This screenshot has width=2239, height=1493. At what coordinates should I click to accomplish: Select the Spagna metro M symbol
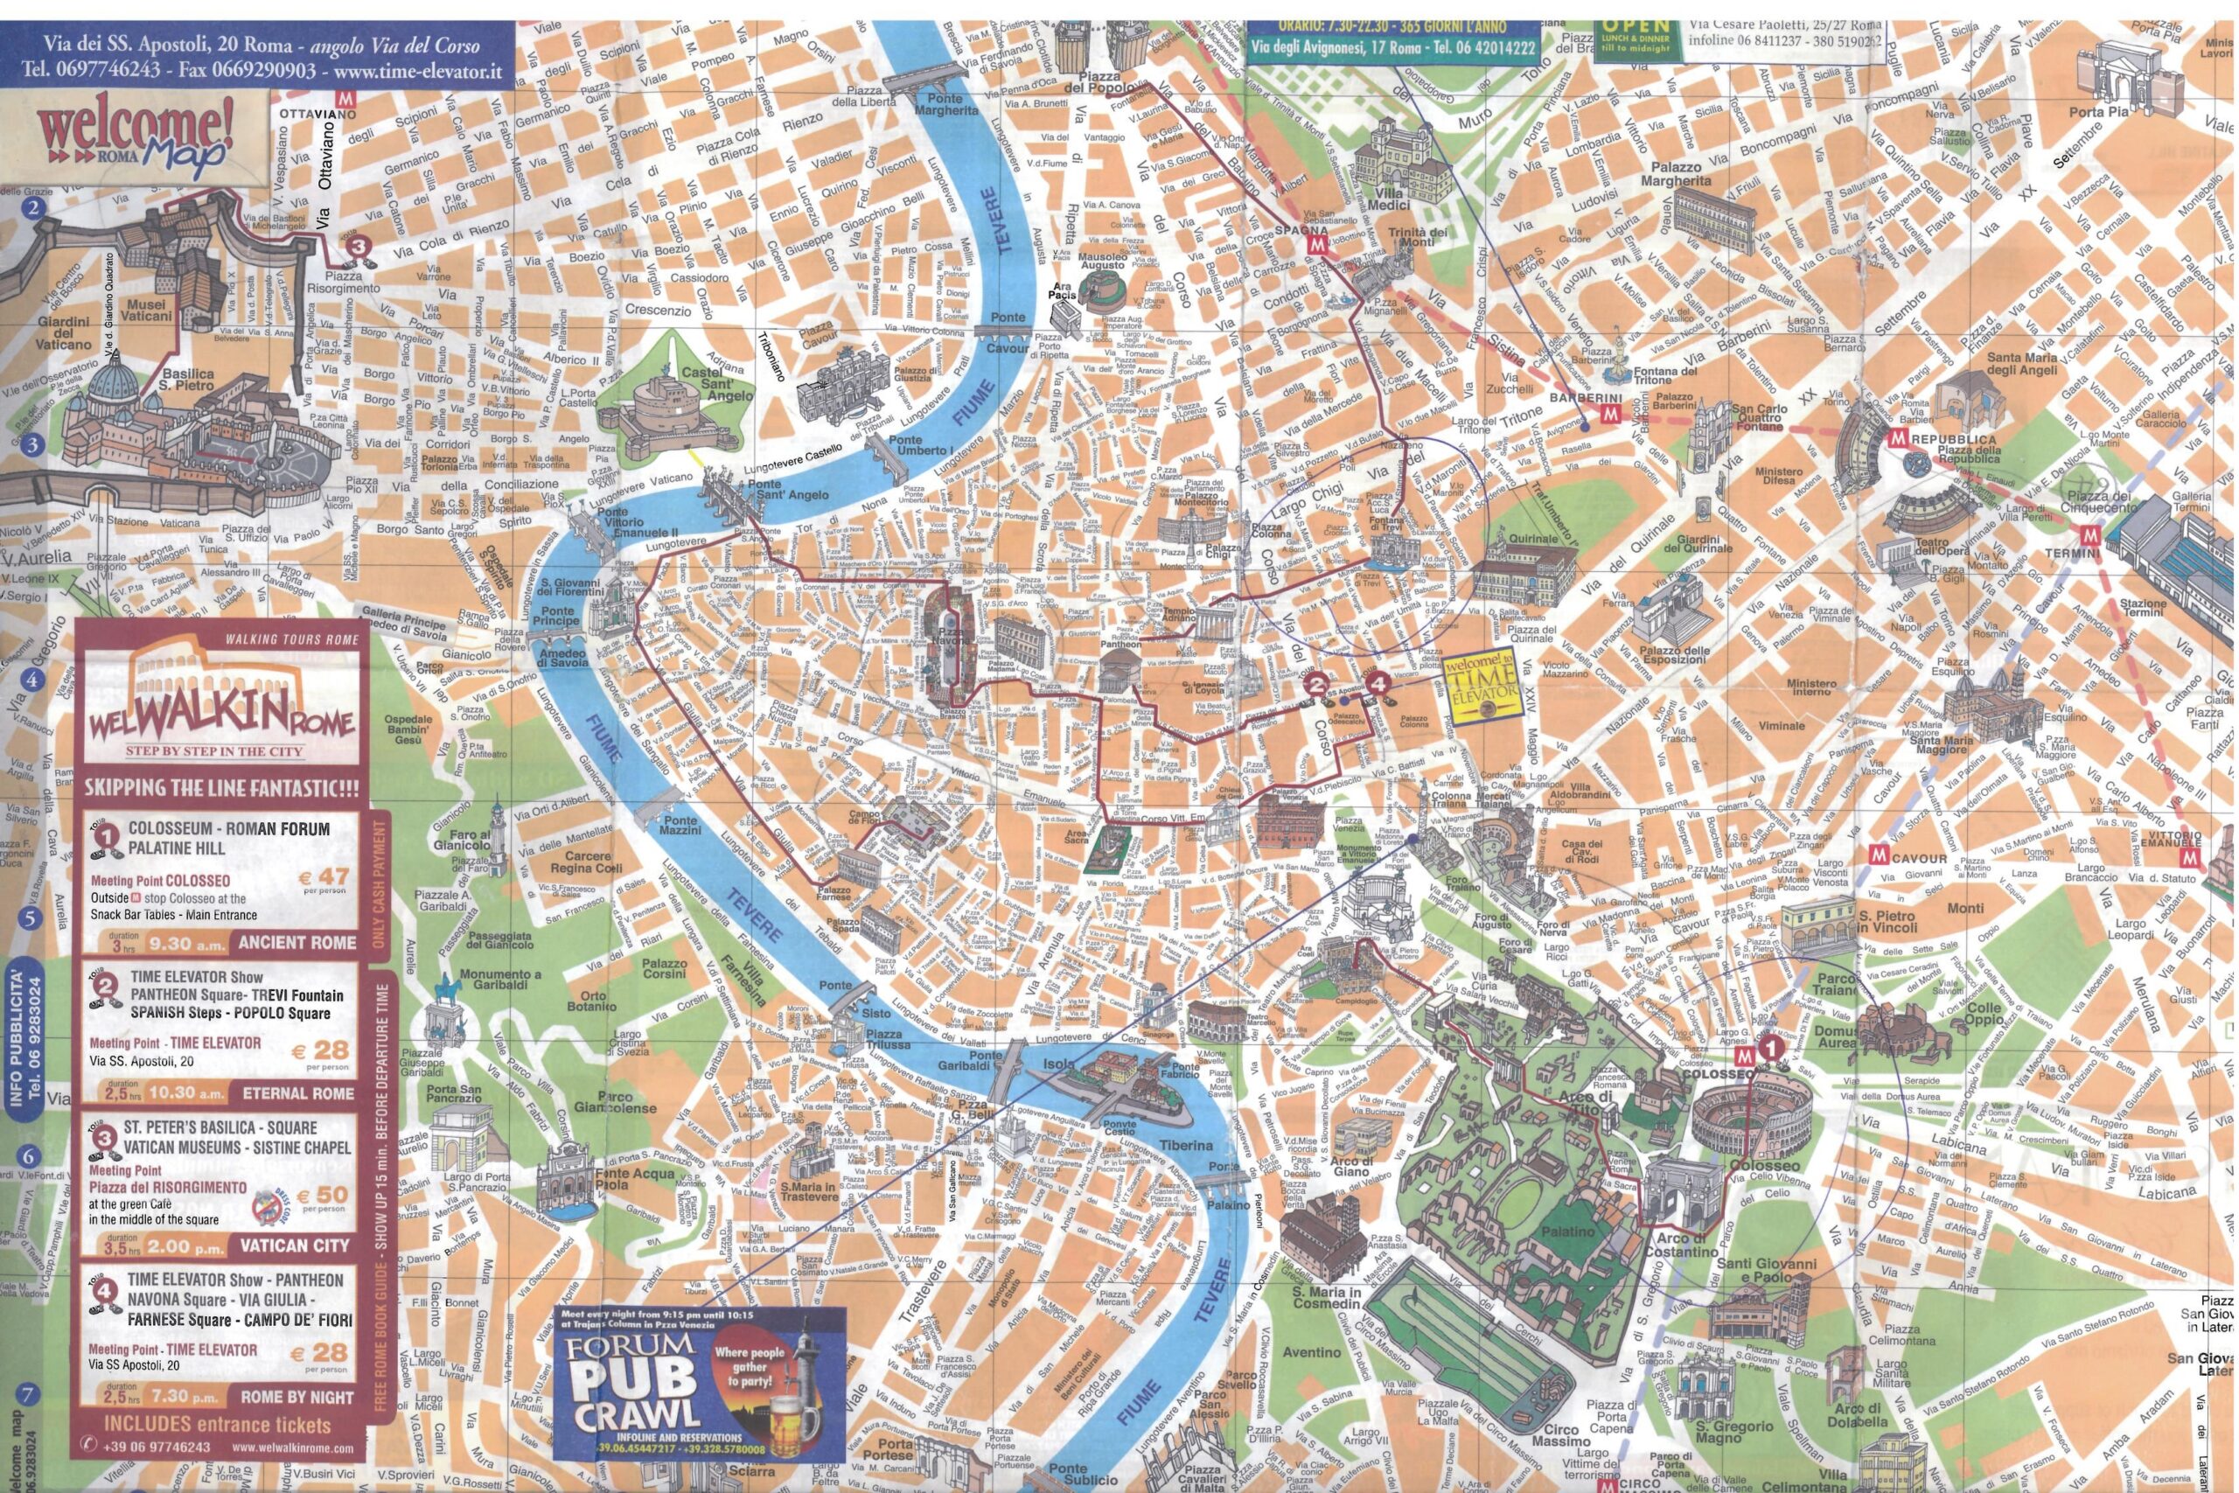click(1317, 244)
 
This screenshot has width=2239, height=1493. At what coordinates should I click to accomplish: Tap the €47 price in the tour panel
click(323, 876)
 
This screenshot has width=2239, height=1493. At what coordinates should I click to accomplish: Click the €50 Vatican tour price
click(324, 1195)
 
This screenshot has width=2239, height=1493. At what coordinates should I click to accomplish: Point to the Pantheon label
click(1120, 645)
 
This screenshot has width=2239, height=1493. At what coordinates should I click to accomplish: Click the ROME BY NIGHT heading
click(297, 1397)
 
